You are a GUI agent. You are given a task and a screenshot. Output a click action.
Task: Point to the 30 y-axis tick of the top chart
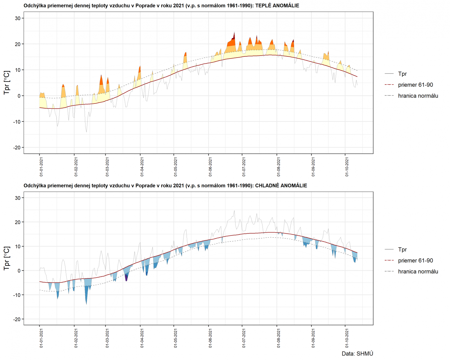pos(18,18)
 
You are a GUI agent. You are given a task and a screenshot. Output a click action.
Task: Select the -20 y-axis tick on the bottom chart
pos(17,319)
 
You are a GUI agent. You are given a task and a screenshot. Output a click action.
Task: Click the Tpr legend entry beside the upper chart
pos(402,74)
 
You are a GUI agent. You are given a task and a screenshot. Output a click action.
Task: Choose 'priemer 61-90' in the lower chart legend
pos(415,260)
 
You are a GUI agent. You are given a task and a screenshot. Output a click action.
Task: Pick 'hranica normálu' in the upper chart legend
pos(418,96)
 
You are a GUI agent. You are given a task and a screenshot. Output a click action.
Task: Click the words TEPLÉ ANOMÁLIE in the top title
pos(277,6)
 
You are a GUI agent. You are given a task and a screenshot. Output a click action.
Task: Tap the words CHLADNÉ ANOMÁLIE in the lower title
pos(281,185)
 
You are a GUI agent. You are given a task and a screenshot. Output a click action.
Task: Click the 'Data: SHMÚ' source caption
pos(357,354)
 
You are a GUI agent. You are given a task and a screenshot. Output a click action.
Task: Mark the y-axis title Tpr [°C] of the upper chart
pos(7,83)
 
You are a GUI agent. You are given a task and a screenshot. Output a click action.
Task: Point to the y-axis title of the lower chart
pos(7,258)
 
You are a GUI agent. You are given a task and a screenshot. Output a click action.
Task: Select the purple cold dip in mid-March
pos(126,277)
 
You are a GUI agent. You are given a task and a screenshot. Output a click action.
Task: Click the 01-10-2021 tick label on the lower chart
pos(347,338)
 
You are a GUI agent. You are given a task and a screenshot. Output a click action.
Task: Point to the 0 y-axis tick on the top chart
pos(19,96)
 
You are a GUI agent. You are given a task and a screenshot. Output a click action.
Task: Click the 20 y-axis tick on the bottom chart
pos(18,222)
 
